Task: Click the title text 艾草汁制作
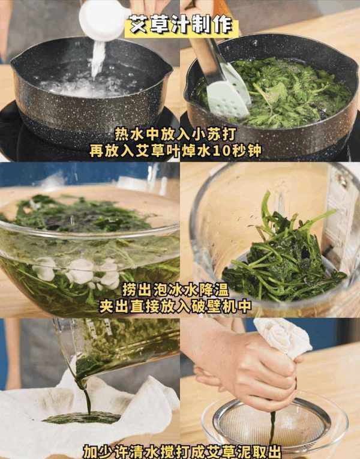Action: [181, 25]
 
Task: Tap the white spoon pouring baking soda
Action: [104, 20]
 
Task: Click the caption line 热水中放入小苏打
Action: [175, 134]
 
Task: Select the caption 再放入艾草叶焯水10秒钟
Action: [175, 151]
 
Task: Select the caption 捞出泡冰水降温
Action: [175, 290]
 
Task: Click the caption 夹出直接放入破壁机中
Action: [175, 307]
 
